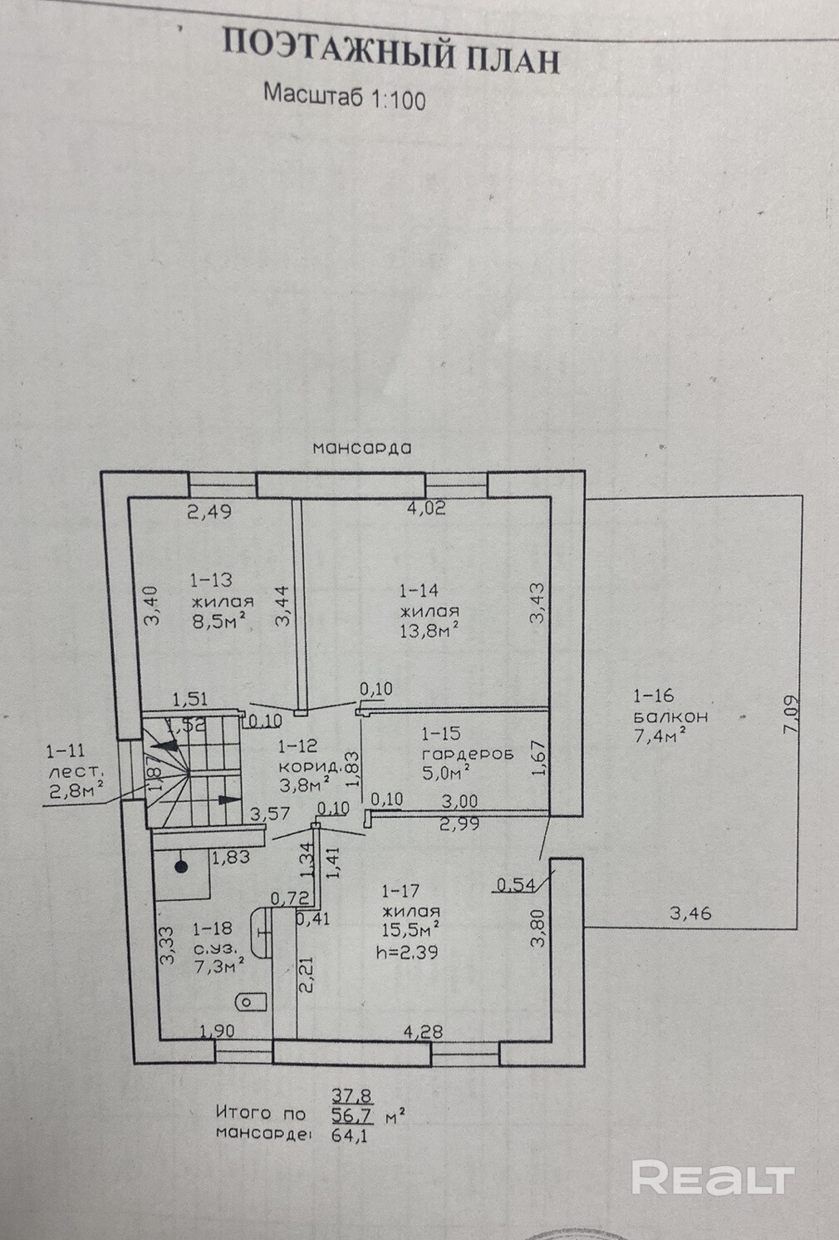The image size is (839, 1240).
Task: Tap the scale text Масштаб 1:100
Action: pyautogui.click(x=344, y=96)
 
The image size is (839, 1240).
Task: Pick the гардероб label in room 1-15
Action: pyautogui.click(x=468, y=754)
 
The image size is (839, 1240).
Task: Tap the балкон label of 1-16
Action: pyautogui.click(x=670, y=716)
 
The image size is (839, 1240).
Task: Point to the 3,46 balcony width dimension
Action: pyautogui.click(x=690, y=913)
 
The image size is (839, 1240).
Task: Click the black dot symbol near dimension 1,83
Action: pyautogui.click(x=182, y=868)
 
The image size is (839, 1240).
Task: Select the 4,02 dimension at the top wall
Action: pyautogui.click(x=426, y=508)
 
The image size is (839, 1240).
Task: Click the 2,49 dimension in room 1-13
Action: pyautogui.click(x=209, y=511)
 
